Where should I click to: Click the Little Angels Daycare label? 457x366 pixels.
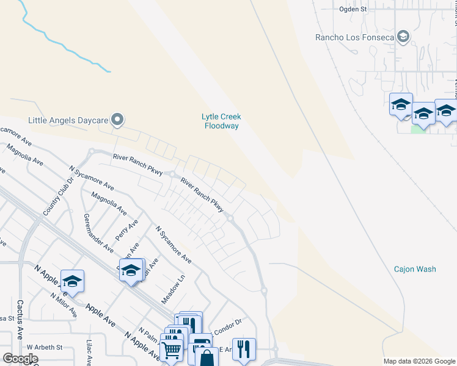click(68, 120)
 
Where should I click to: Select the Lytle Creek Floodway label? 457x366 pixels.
click(221, 121)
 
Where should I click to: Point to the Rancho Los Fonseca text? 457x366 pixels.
click(354, 37)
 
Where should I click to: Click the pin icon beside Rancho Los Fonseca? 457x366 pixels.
click(403, 37)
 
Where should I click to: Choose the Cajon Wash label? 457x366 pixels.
click(415, 269)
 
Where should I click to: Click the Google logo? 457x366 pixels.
click(20, 359)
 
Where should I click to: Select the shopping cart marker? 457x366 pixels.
click(172, 349)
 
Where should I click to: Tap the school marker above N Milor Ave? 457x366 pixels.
click(72, 281)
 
